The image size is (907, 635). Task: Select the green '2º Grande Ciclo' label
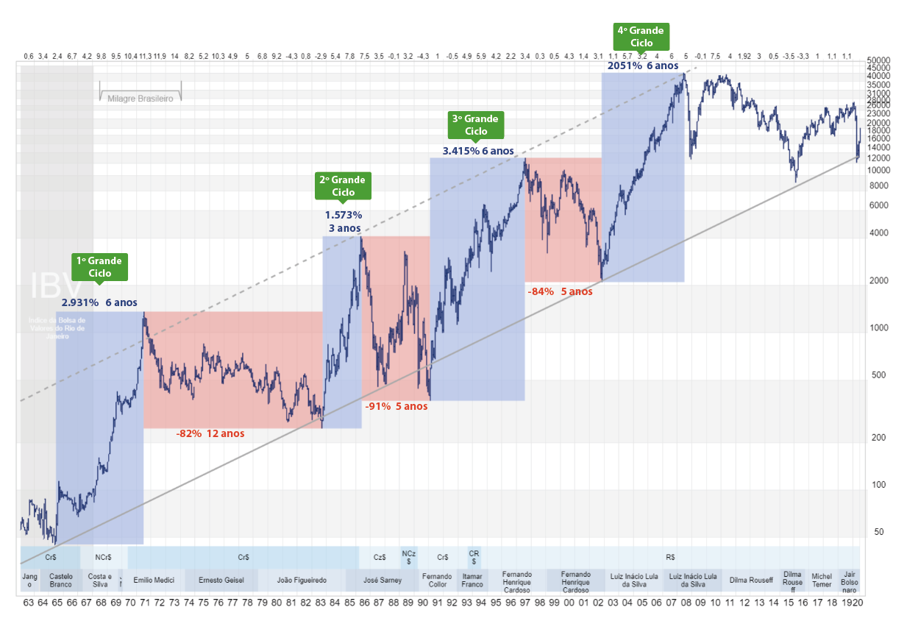343,185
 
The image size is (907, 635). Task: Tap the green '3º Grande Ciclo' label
476,124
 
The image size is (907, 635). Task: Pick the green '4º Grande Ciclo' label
641,36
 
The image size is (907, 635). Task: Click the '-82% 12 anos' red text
210,433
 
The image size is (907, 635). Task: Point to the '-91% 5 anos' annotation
396,405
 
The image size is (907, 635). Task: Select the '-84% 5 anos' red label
560,291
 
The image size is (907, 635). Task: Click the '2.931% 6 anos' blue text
99,302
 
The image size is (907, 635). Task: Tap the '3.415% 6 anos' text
478,151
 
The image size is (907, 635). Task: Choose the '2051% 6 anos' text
642,65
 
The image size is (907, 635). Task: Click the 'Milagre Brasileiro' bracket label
140,98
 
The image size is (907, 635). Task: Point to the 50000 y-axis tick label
879,60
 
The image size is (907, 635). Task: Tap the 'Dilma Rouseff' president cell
751,581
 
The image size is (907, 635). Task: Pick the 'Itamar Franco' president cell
472,581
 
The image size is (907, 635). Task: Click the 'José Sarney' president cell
383,581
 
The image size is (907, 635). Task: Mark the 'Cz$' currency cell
380,558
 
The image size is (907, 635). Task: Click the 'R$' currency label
670,558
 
